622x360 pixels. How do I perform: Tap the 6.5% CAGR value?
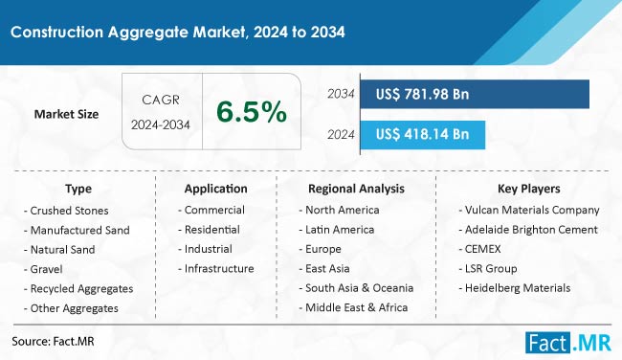251,113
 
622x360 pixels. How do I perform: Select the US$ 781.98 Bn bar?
474,94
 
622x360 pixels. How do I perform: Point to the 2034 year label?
340,94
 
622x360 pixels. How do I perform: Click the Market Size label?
66,114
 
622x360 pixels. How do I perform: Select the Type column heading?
78,189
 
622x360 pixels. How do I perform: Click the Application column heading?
216,189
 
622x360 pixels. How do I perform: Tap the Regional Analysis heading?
356,189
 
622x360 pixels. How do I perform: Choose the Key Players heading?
529,189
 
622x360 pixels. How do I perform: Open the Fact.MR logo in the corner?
571,341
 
